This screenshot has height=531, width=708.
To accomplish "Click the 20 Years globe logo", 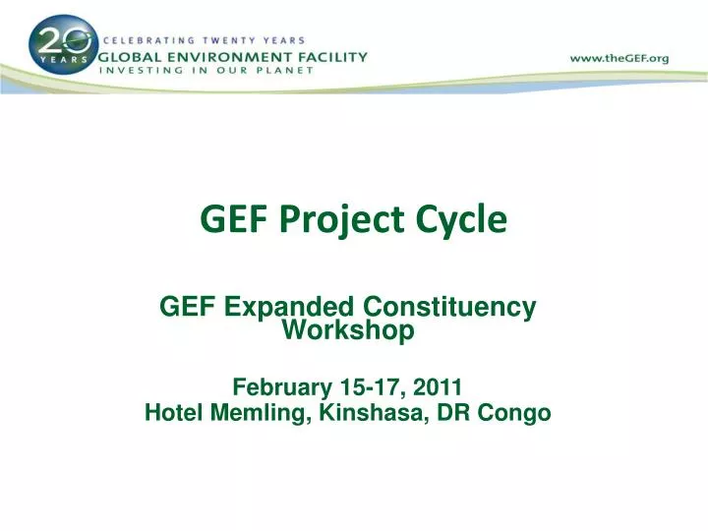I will point(61,45).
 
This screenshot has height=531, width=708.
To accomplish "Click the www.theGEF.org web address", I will point(619,58).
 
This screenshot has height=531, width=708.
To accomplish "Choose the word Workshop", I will point(348,331).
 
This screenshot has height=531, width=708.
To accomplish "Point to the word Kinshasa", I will point(369,413).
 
